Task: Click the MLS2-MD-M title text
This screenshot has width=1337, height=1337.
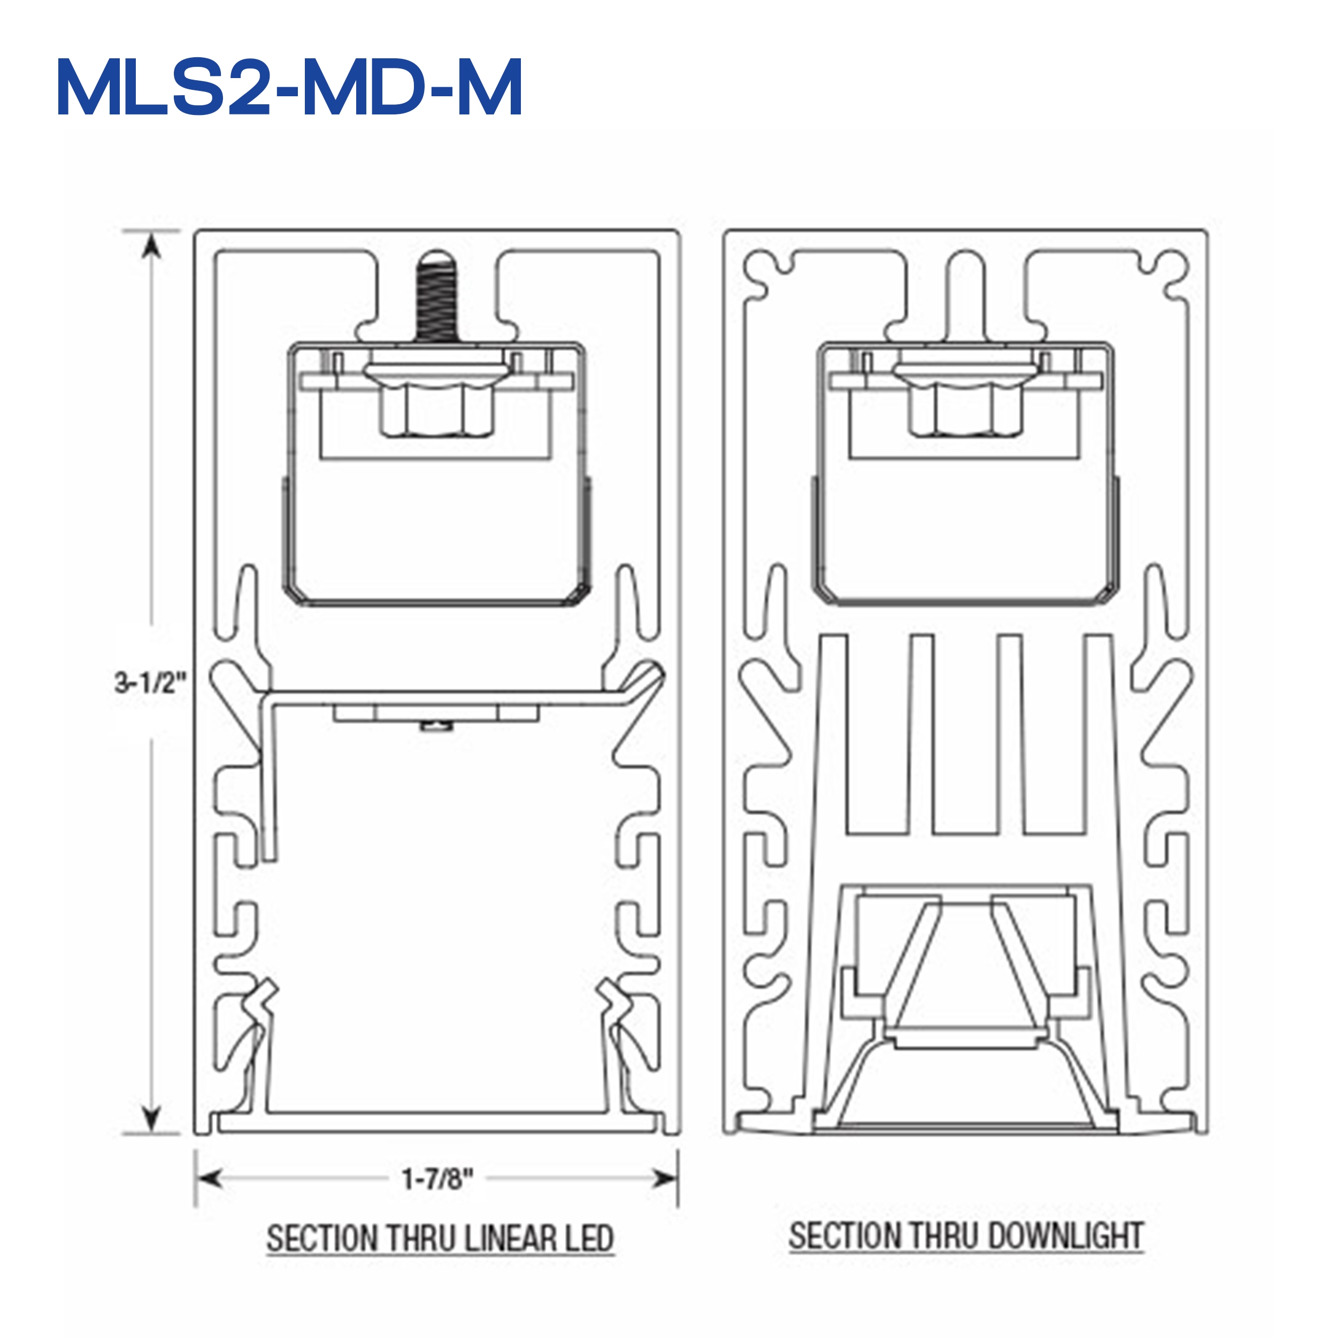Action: (289, 89)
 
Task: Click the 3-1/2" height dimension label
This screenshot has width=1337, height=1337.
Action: (150, 682)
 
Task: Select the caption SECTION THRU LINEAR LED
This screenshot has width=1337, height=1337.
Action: (440, 1238)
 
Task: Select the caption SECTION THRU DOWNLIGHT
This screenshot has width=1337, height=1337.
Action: (966, 1235)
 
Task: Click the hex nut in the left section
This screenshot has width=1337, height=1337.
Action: (436, 408)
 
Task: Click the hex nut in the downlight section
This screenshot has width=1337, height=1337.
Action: (965, 408)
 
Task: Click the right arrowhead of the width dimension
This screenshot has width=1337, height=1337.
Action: (666, 1177)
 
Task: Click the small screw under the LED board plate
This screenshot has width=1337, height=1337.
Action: (436, 726)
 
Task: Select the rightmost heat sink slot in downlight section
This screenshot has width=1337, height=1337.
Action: (1052, 734)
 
